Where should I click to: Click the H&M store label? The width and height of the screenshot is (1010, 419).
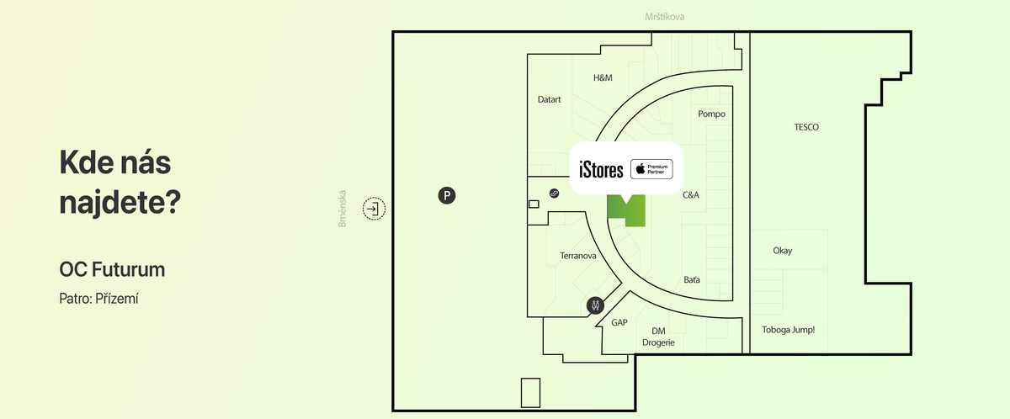click(603, 77)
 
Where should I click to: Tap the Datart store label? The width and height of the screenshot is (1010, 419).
click(549, 99)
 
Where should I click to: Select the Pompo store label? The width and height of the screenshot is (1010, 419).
click(711, 114)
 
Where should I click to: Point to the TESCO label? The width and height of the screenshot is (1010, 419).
click(806, 127)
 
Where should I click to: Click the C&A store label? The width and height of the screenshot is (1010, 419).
click(691, 194)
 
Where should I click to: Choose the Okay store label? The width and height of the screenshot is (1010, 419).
click(782, 251)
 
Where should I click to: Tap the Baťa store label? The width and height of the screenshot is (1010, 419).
click(692, 280)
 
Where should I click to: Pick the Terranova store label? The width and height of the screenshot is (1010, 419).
click(578, 255)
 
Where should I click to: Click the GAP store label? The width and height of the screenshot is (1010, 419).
click(619, 322)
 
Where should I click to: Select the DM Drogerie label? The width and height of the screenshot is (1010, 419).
click(658, 337)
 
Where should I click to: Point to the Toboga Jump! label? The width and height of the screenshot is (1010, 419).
click(788, 330)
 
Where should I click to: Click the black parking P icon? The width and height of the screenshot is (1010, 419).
click(448, 196)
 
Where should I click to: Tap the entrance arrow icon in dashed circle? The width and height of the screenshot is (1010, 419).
click(373, 208)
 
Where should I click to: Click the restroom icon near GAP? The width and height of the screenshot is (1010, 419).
click(595, 305)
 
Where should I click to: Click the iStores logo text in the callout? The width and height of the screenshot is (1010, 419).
click(602, 170)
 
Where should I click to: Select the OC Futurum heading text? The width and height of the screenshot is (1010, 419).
click(112, 269)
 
